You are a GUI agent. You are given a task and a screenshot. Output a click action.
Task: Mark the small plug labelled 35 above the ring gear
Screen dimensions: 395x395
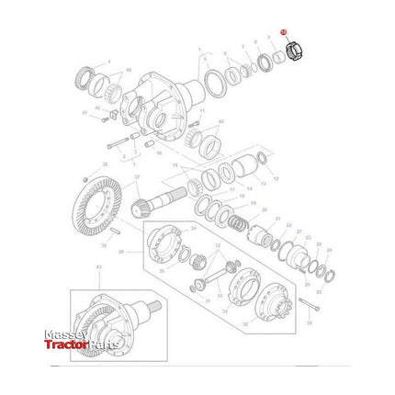pyautogui.click(x=85, y=176)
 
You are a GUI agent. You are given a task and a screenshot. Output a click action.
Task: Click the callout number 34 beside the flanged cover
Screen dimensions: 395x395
pyautogui.click(x=193, y=224)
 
